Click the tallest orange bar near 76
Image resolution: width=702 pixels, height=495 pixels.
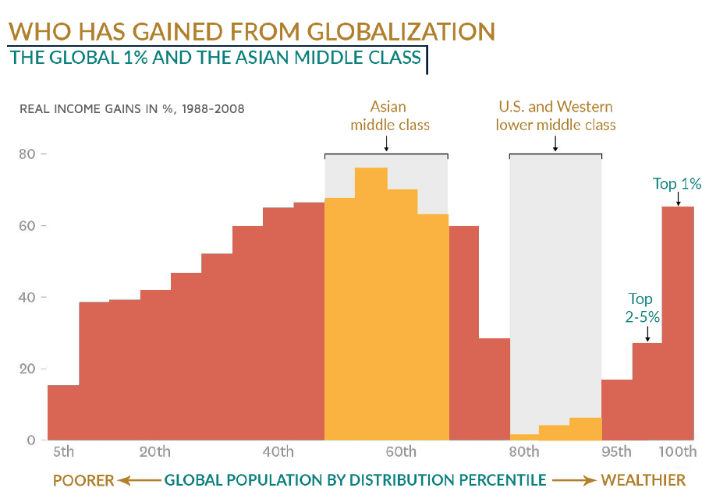pos(370,304)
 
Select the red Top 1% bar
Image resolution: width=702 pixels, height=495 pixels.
pos(678,324)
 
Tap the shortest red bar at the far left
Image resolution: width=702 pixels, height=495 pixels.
pos(63,412)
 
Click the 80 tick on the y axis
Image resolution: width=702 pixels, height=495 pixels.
pos(27,154)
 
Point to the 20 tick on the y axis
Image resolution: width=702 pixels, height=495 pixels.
pos(27,369)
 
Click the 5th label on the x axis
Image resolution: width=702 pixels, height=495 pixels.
pos(63,452)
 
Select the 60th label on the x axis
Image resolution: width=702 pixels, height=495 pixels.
pos(401,452)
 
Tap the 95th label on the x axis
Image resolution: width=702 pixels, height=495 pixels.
pos(616,452)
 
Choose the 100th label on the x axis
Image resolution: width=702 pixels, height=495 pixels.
pos(677,452)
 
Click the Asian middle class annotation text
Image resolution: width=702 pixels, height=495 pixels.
pos(388,115)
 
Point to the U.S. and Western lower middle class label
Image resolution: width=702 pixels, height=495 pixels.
pos(555,115)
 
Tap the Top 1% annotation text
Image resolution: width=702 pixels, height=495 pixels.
pos(677,184)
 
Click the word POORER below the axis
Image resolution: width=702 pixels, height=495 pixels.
pos(83,479)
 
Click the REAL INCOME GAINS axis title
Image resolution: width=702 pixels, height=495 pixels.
pos(132,109)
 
